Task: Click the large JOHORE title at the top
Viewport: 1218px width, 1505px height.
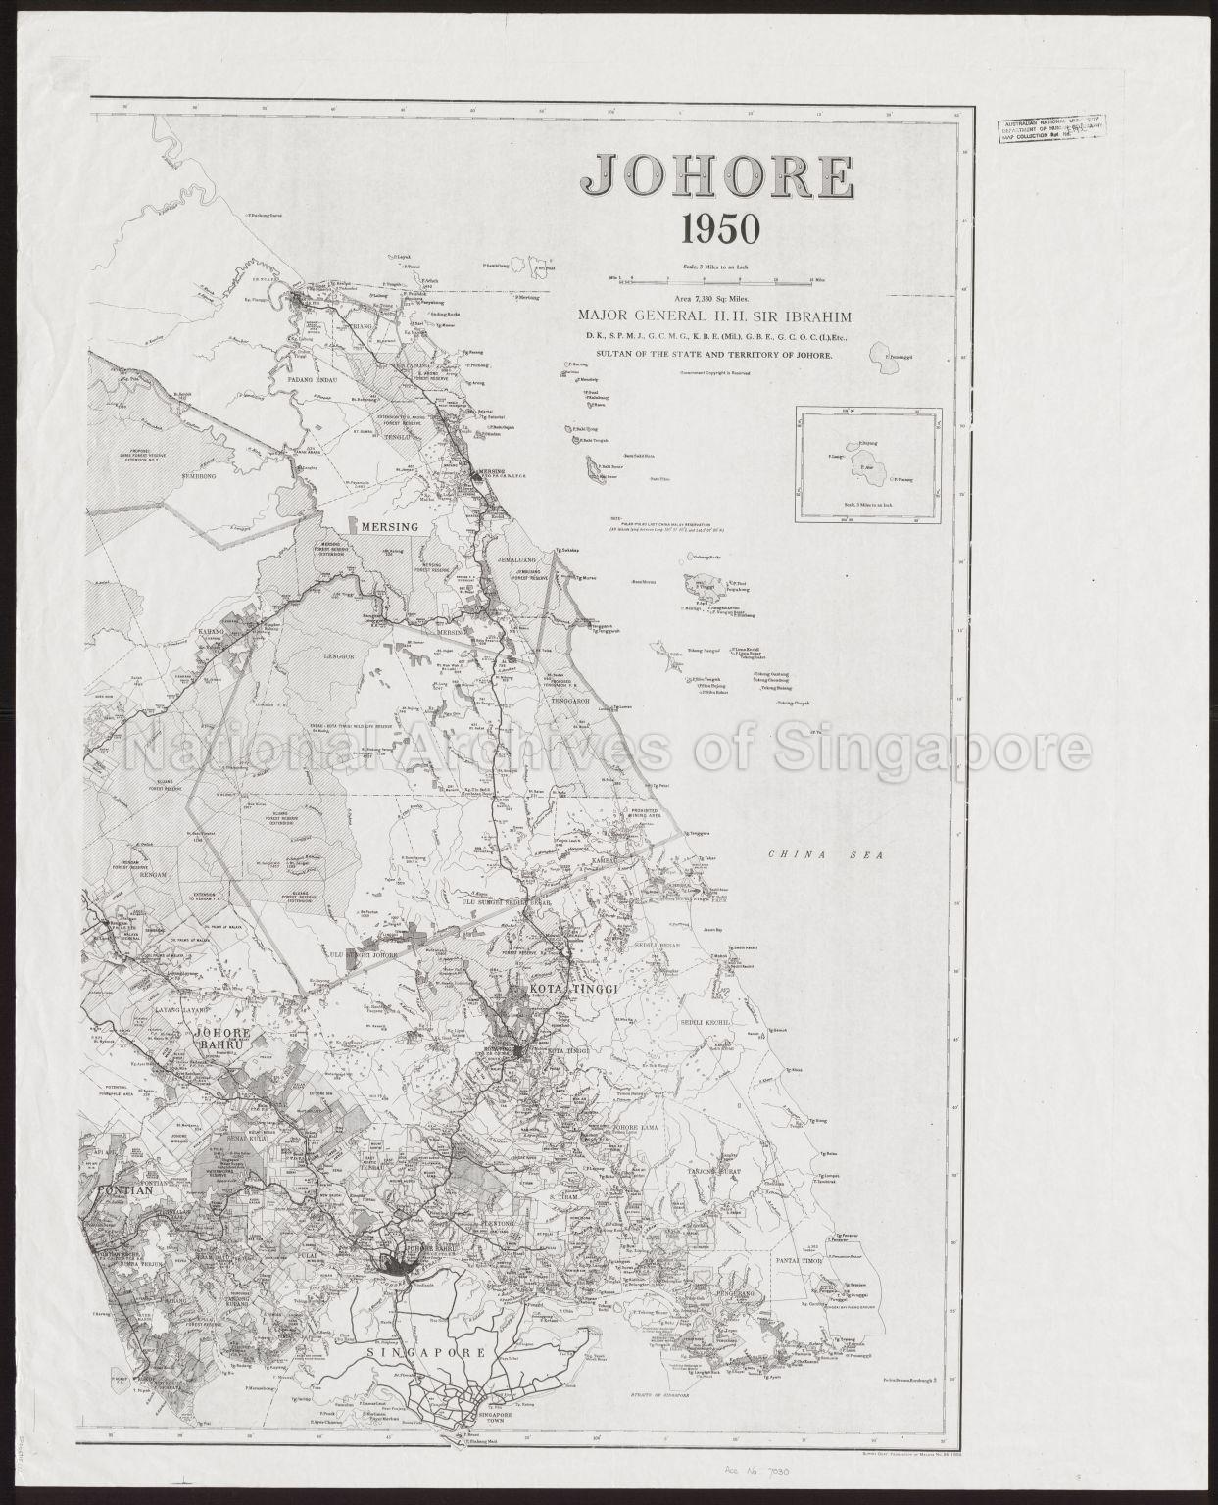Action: click(716, 176)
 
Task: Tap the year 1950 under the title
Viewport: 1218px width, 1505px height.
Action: click(720, 229)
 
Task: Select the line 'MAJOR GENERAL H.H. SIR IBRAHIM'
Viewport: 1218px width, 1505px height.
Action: click(717, 316)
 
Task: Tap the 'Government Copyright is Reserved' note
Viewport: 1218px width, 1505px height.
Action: click(718, 373)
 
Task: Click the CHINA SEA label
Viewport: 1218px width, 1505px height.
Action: click(825, 855)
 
